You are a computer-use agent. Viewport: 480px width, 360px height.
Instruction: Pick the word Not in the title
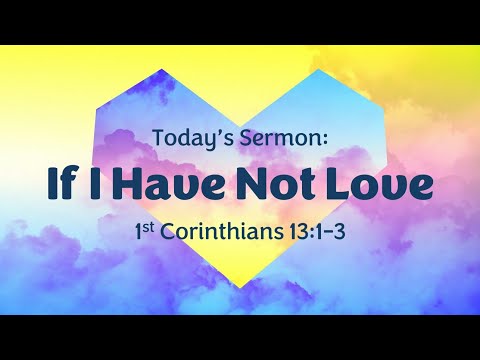tap(274, 185)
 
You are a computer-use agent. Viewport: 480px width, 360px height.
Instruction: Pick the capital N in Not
tap(247, 185)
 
